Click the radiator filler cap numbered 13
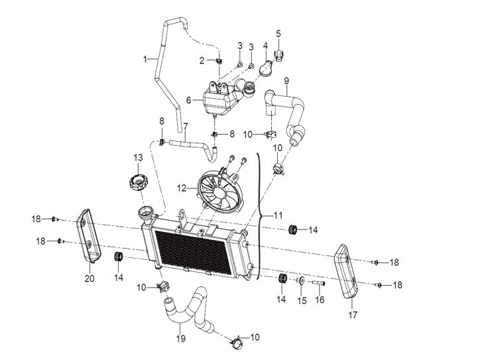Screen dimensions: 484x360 click(139, 182)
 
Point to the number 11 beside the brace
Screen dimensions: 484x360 click(278, 215)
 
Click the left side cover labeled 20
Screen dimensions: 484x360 click(89, 236)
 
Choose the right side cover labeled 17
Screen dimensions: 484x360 click(346, 271)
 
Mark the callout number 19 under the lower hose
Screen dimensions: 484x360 click(181, 338)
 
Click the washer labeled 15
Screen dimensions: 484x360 click(300, 281)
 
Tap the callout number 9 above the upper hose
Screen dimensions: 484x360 click(286, 81)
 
